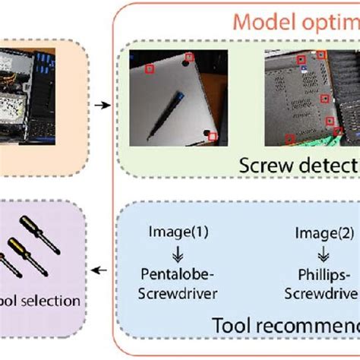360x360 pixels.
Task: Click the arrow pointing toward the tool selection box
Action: (x=98, y=268)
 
